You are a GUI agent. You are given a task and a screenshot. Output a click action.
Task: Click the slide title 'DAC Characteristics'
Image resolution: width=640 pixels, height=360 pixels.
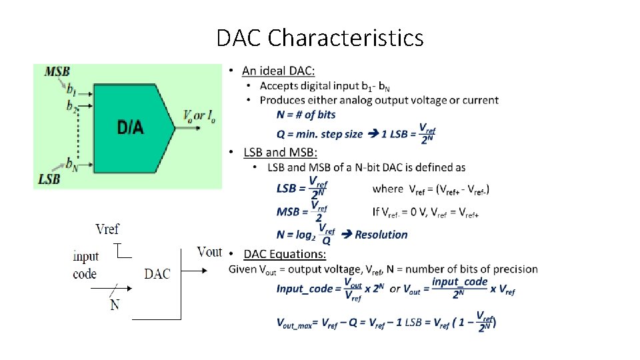point(319,38)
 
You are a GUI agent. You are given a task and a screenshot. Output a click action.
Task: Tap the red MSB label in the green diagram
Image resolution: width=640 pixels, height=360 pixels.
point(57,71)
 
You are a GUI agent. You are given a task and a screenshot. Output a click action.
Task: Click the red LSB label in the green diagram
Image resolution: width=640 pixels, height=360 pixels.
point(49,179)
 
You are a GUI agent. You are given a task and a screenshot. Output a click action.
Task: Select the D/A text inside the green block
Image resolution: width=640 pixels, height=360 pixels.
point(130,127)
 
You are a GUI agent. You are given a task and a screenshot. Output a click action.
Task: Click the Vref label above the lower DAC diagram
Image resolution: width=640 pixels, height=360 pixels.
point(107,229)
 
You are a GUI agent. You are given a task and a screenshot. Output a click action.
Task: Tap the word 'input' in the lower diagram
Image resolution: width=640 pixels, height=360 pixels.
point(85,257)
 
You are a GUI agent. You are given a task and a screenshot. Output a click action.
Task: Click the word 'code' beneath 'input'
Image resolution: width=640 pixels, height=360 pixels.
point(85,273)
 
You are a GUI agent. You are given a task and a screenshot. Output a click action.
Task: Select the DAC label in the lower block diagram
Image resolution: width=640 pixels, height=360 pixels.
point(157,273)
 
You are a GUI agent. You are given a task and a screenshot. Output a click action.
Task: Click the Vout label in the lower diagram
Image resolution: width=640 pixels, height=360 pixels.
point(209,252)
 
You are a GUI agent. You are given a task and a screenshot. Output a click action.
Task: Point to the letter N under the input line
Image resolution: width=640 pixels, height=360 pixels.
point(115,305)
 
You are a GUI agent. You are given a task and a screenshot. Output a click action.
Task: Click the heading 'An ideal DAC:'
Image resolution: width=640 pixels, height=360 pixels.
point(279,71)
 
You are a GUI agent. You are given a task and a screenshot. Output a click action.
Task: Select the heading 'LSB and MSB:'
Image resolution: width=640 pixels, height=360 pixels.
point(280,153)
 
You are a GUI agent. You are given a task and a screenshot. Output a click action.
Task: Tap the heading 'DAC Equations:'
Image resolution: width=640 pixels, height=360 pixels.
point(285,254)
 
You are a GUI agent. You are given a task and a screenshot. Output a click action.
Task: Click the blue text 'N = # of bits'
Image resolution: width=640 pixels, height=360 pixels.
point(306,115)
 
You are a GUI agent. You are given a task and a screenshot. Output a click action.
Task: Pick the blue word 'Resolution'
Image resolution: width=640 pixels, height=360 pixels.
point(381,235)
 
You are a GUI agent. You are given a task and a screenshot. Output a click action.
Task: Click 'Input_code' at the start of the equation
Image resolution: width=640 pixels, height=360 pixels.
point(304,289)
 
